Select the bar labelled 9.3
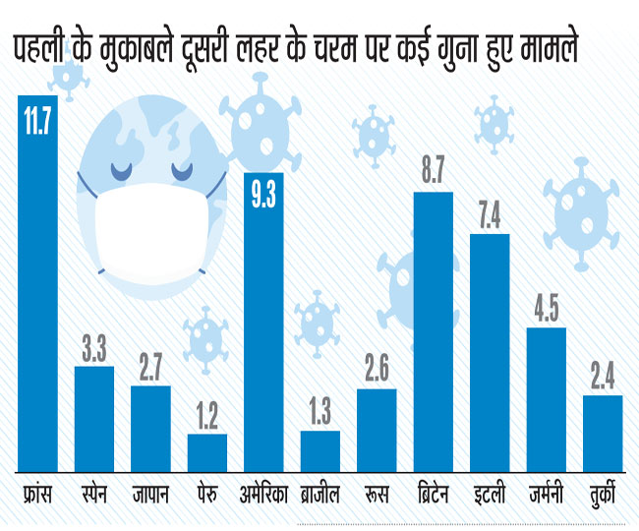[x=262, y=324]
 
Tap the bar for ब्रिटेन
[x=433, y=334]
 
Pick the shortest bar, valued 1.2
[x=207, y=453]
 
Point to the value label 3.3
[x=94, y=348]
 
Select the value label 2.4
[x=603, y=377]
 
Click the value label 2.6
[x=377, y=371]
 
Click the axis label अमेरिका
[x=262, y=494]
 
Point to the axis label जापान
[x=150, y=494]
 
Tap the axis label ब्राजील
[x=319, y=494]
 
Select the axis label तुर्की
[x=603, y=494]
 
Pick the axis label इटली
[x=490, y=494]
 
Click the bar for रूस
[x=377, y=432]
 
